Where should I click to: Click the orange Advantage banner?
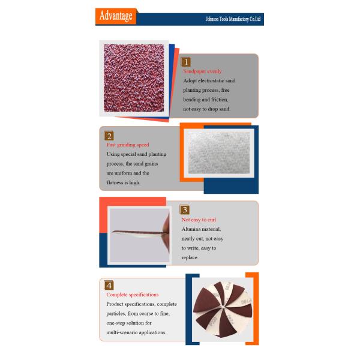(115, 16)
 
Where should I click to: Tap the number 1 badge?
(186, 61)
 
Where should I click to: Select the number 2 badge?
(109, 136)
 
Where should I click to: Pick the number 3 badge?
(185, 210)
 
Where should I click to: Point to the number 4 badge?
(109, 285)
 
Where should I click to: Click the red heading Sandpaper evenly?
(202, 71)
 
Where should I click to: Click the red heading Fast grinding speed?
(128, 145)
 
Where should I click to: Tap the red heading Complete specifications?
(133, 295)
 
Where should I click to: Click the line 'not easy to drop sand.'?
(206, 109)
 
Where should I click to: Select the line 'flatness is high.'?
(123, 182)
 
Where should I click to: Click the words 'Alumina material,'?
(202, 229)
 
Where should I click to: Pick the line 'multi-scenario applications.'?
(136, 332)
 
